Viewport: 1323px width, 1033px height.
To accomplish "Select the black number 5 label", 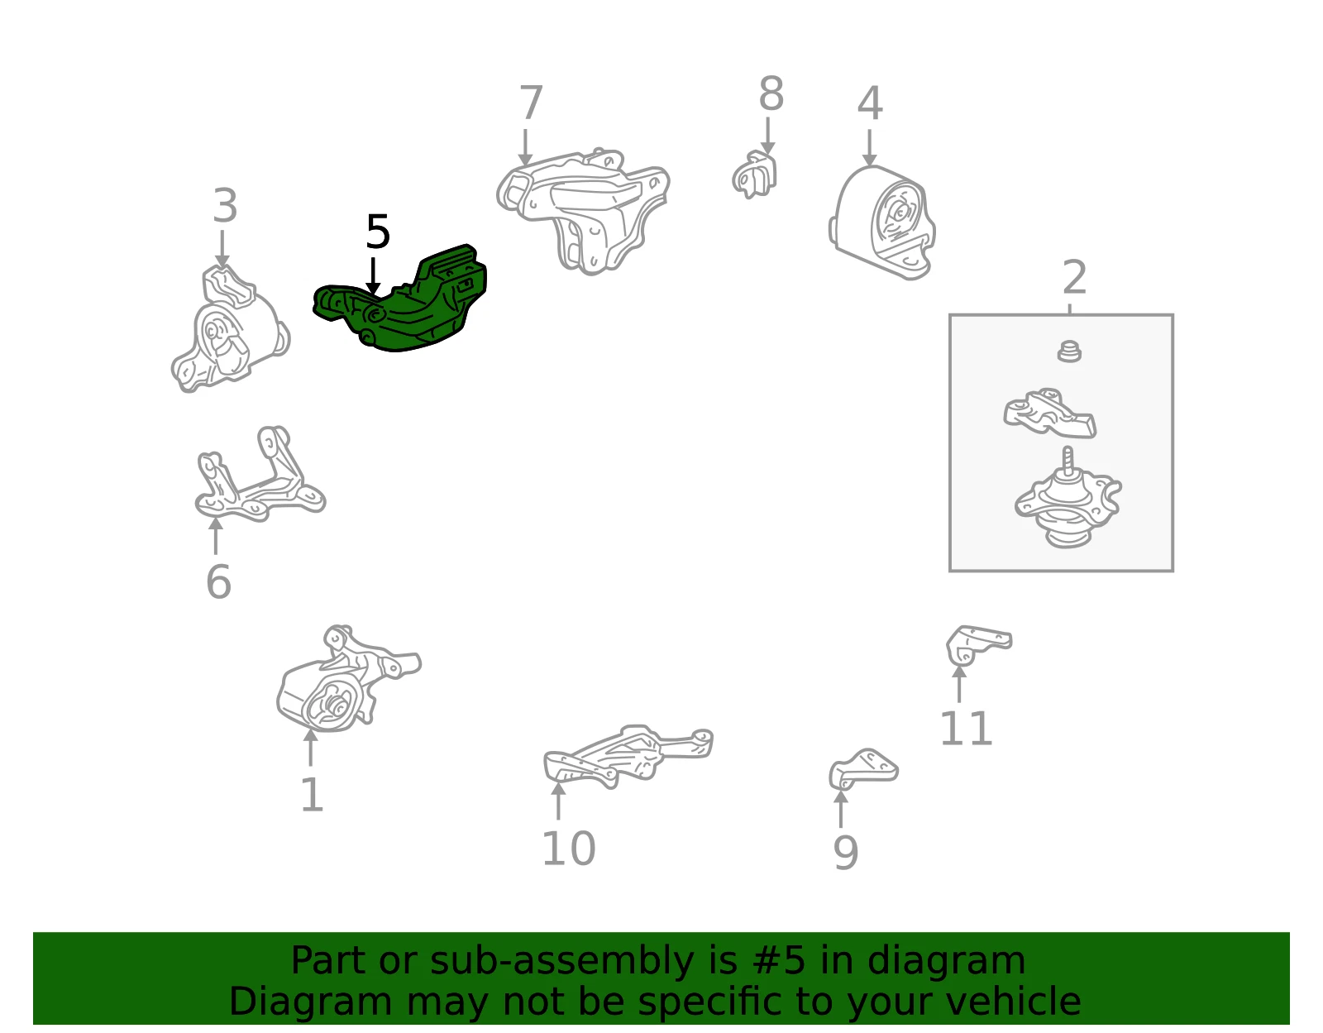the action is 378,232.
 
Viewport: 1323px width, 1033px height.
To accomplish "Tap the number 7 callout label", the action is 531,103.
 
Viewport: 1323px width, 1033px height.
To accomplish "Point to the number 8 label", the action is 771,93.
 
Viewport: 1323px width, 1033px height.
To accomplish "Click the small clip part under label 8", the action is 755,174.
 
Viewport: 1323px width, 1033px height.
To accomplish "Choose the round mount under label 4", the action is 881,222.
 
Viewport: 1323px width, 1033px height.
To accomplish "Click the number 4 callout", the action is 870,103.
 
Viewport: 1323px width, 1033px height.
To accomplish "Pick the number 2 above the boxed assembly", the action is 1075,277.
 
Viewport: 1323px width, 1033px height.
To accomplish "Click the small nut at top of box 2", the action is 1069,352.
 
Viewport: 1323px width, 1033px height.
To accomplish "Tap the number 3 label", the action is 225,205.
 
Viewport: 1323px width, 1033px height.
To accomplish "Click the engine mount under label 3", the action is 230,328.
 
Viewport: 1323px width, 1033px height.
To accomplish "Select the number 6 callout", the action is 218,582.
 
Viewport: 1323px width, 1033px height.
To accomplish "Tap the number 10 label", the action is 568,848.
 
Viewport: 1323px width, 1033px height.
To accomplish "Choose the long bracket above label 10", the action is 628,758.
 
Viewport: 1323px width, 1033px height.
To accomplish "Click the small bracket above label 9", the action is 863,770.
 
